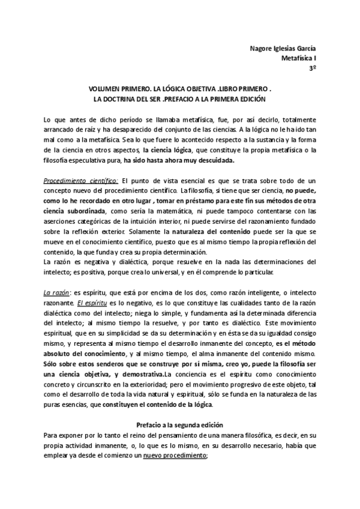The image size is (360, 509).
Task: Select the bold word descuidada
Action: (x=214, y=161)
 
